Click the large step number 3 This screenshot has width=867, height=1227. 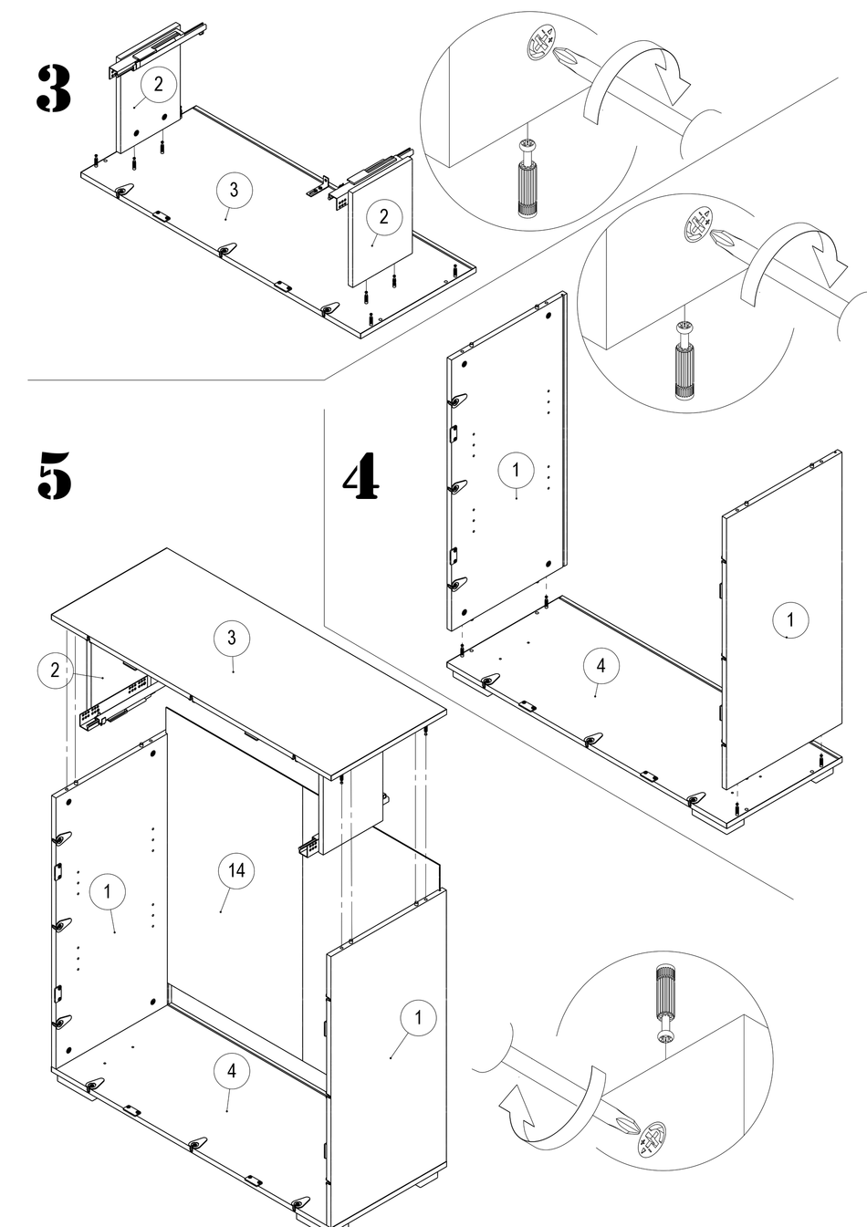click(54, 89)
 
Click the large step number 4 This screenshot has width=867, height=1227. click(361, 478)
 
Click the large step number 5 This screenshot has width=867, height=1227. click(54, 474)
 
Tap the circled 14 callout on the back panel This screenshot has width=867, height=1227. click(235, 871)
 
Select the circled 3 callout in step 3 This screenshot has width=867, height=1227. click(234, 190)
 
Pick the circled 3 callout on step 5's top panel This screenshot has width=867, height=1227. click(231, 639)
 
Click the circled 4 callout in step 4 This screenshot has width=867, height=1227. click(600, 667)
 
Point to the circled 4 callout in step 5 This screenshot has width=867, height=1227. click(231, 1071)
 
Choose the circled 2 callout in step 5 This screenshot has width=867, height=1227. click(55, 671)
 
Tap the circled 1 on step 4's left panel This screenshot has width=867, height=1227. click(516, 470)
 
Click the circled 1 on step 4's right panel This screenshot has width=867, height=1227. click(789, 620)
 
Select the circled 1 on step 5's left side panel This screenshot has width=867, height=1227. click(108, 891)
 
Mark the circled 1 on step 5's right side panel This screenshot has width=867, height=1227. click(418, 1017)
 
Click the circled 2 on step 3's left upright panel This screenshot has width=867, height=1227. click(158, 84)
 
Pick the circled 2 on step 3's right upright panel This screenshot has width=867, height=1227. click(383, 216)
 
